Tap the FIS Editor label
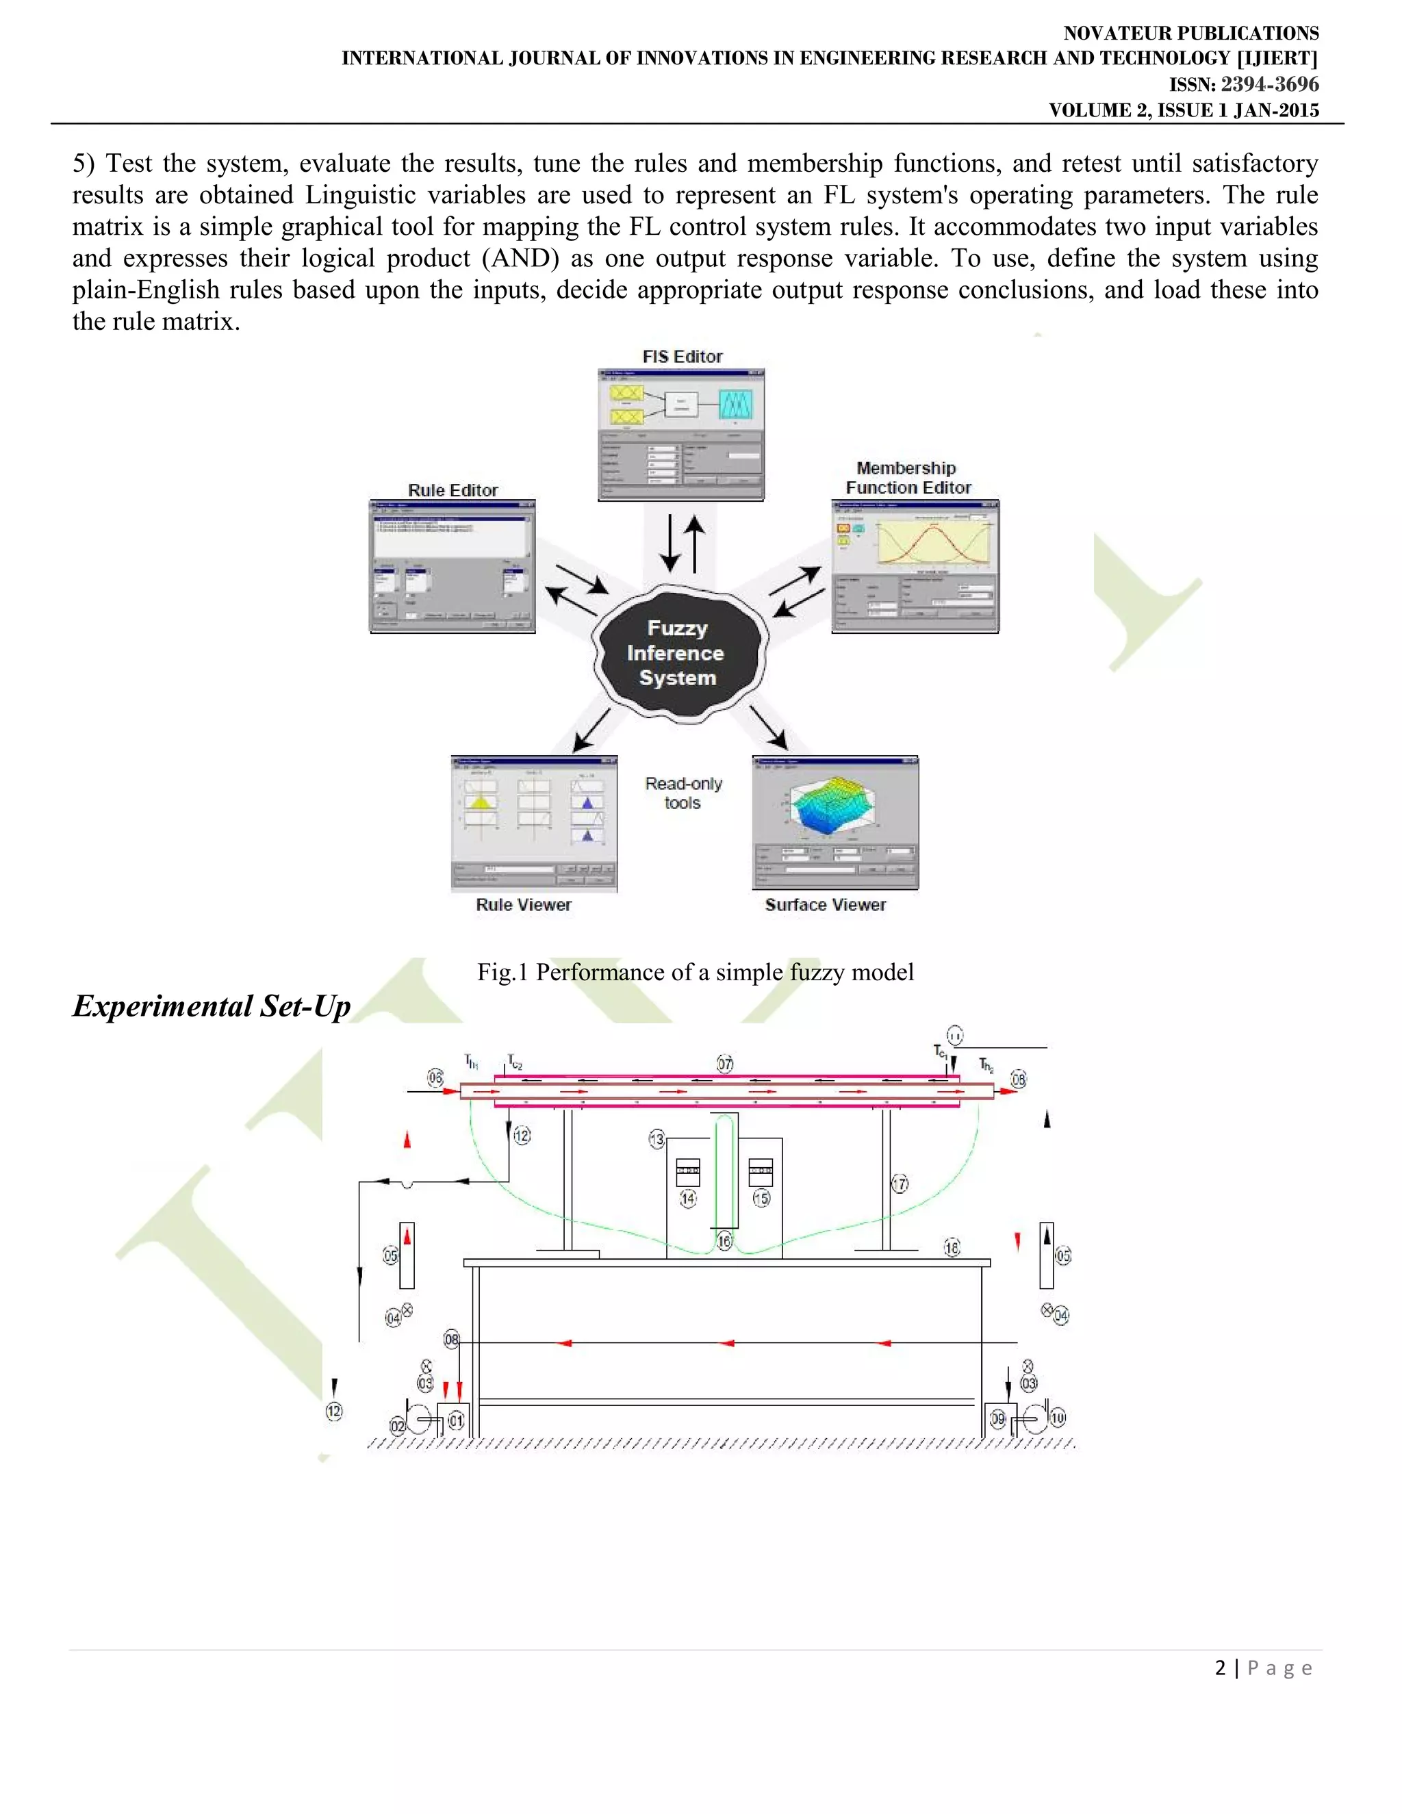682,357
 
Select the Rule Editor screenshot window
452,567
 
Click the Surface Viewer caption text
825,904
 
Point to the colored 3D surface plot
830,806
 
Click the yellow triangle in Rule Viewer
480,802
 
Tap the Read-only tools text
683,793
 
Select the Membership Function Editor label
907,478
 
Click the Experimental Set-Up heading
212,1006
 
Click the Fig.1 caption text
696,972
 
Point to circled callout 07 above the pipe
724,1064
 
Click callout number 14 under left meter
688,1199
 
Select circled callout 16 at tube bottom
724,1242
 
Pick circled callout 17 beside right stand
900,1184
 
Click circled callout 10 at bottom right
1056,1418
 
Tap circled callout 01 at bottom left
456,1420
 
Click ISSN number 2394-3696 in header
1269,84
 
